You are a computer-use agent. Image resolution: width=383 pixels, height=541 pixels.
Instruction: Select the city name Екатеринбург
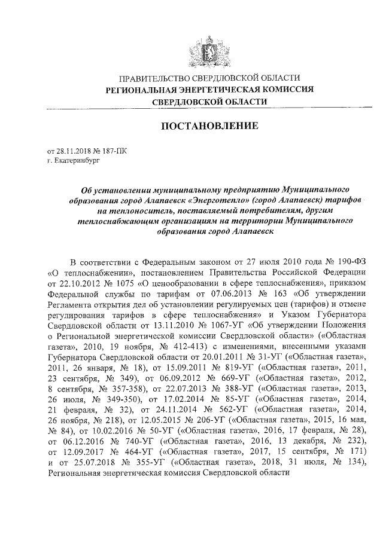point(74,161)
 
